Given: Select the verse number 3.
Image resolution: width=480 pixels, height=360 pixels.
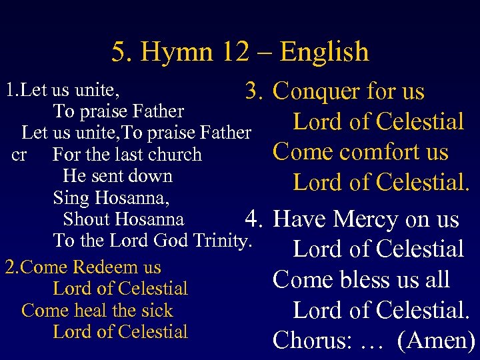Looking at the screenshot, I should tap(255, 91).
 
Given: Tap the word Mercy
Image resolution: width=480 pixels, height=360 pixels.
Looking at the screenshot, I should tap(369, 219).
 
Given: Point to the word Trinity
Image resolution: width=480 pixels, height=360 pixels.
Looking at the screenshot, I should tap(220, 240).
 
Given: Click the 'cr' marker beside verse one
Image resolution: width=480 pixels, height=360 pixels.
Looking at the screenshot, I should tap(19, 155).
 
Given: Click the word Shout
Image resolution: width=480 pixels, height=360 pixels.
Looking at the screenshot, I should tap(86, 219).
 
